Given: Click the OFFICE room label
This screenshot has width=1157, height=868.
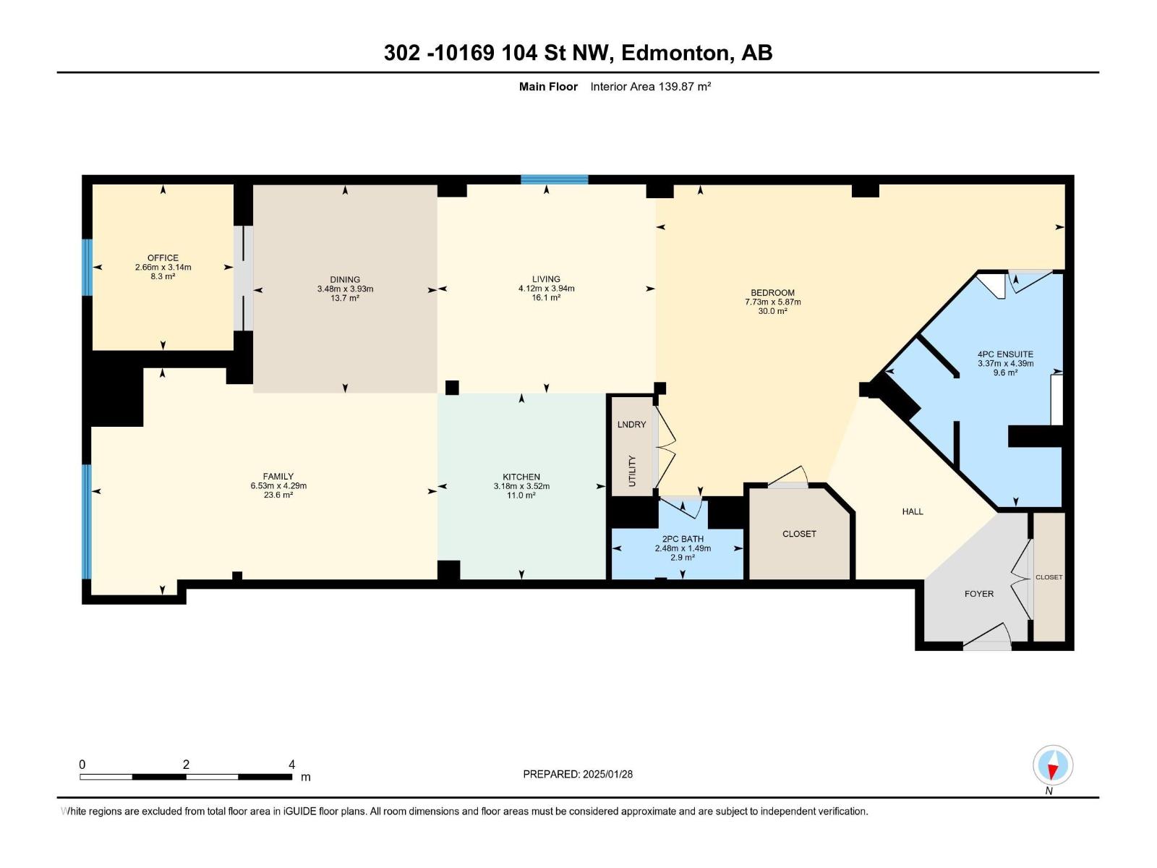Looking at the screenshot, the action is pyautogui.click(x=163, y=258).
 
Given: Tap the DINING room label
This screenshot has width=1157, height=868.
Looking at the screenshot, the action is pyautogui.click(x=345, y=280).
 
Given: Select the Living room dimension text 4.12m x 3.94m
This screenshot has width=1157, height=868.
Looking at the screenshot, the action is pyautogui.click(x=546, y=289).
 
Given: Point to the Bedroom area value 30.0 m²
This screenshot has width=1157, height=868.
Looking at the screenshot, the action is pyautogui.click(x=773, y=311).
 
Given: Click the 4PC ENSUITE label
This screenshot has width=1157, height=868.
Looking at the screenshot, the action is pyautogui.click(x=1005, y=354).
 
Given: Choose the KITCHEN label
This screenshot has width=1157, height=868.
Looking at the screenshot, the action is pyautogui.click(x=521, y=477).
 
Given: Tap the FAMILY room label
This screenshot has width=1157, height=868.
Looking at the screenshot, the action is pyautogui.click(x=278, y=477).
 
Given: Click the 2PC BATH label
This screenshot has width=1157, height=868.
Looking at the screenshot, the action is pyautogui.click(x=683, y=539).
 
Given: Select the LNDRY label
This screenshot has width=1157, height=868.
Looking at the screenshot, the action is pyautogui.click(x=631, y=425).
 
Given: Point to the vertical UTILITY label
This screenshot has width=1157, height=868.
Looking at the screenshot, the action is pyautogui.click(x=633, y=471).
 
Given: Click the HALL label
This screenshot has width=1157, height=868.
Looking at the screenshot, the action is pyautogui.click(x=913, y=511).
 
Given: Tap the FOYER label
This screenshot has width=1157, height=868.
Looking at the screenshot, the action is pyautogui.click(x=979, y=593).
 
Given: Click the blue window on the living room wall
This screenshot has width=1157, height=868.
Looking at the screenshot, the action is pyautogui.click(x=555, y=179).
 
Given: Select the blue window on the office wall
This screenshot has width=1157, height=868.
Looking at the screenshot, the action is pyautogui.click(x=87, y=267).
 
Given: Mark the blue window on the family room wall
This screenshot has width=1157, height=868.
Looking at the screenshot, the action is pyautogui.click(x=87, y=522).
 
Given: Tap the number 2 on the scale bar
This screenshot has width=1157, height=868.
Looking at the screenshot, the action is pyautogui.click(x=186, y=765).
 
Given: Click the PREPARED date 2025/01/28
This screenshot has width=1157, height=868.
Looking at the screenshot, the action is pyautogui.click(x=607, y=774).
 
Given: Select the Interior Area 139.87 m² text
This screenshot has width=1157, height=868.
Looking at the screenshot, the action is pyautogui.click(x=650, y=86).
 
